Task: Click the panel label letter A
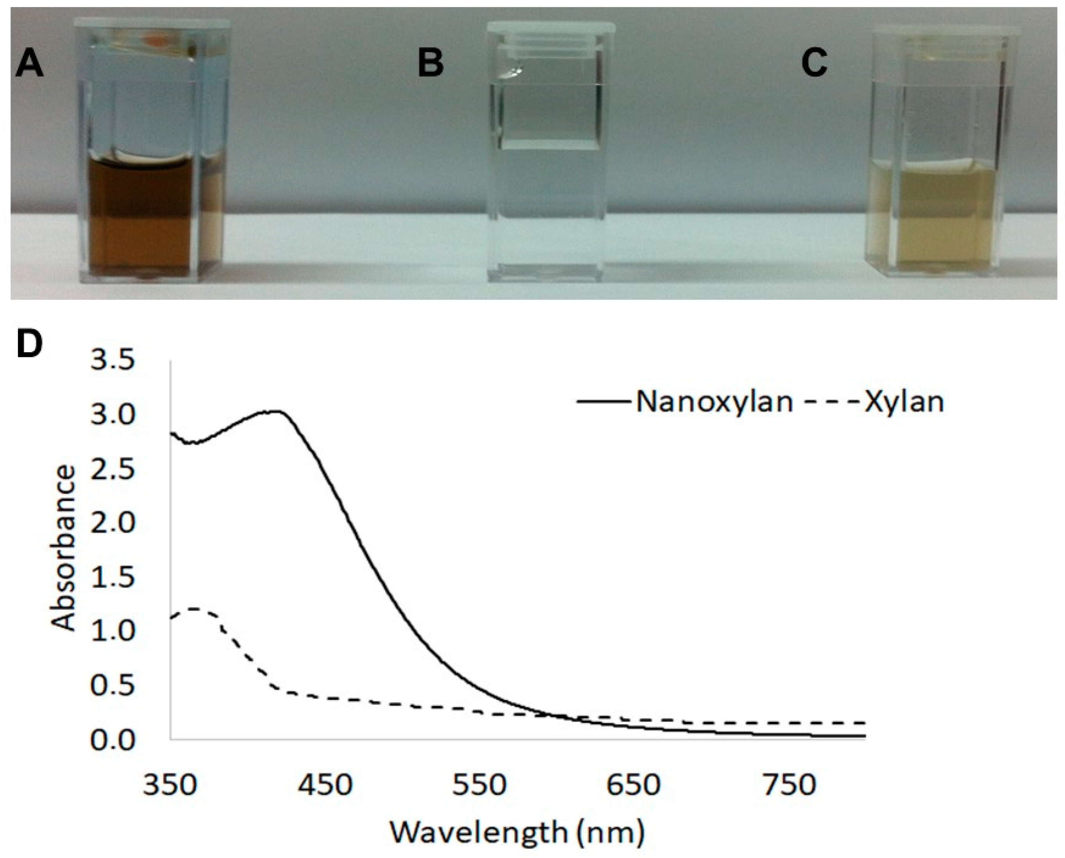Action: tap(30, 65)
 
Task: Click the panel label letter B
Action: tap(430, 64)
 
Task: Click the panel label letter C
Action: tap(814, 64)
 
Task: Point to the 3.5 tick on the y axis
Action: tap(113, 361)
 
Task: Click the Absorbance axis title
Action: tap(64, 549)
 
